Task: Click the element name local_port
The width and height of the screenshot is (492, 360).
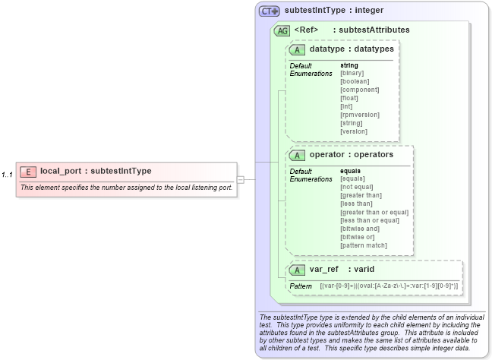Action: pyautogui.click(x=60, y=171)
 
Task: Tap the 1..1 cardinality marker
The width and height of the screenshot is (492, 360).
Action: pyautogui.click(x=7, y=175)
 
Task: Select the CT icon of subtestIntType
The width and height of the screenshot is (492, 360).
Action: pyautogui.click(x=270, y=11)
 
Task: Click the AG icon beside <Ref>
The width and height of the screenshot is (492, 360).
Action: pyautogui.click(x=282, y=30)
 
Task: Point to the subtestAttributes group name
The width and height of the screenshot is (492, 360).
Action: pyautogui.click(x=376, y=30)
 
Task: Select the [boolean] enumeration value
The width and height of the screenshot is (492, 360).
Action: pyautogui.click(x=355, y=81)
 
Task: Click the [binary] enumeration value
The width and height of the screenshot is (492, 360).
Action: pyautogui.click(x=352, y=73)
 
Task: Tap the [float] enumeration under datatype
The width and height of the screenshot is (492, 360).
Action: pyautogui.click(x=349, y=98)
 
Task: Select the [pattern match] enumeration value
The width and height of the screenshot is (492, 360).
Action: pyautogui.click(x=363, y=245)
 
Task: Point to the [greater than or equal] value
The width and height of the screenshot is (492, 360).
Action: pyautogui.click(x=374, y=212)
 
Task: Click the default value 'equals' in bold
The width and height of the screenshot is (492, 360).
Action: pyautogui.click(x=350, y=171)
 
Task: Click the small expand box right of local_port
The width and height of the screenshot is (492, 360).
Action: pyautogui.click(x=241, y=180)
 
